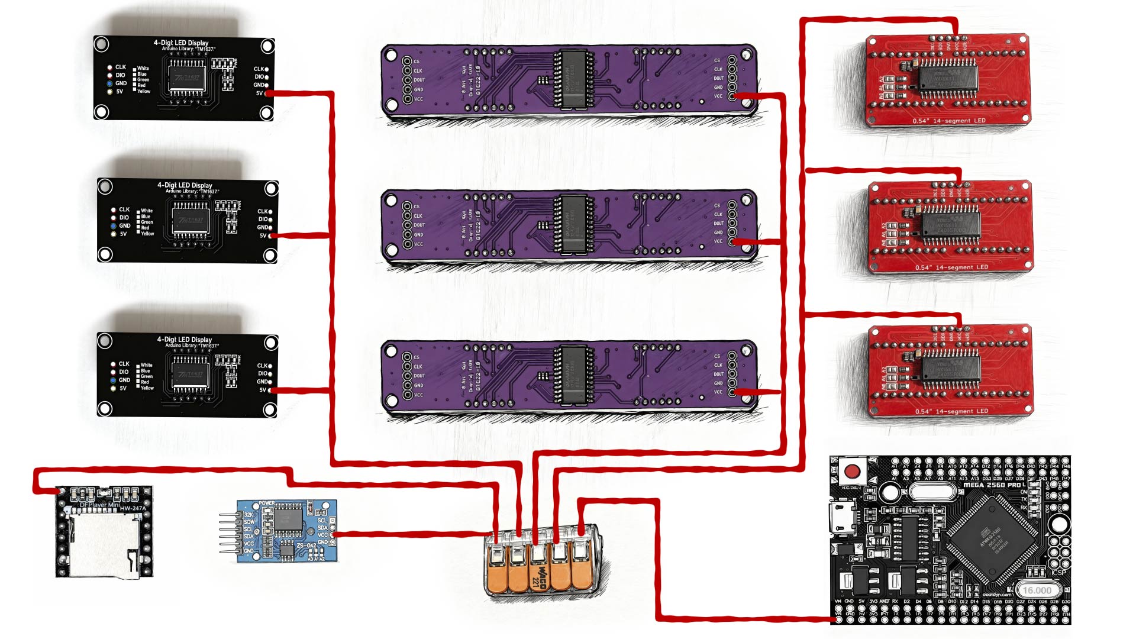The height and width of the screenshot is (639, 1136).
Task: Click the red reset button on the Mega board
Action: click(x=852, y=472)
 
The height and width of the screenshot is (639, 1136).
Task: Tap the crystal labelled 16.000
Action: click(x=1037, y=590)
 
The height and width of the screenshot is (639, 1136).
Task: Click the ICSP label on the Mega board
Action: click(x=1058, y=572)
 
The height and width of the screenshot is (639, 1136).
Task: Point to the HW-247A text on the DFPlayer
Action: click(x=133, y=508)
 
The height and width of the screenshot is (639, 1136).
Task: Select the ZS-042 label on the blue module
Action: click(x=306, y=546)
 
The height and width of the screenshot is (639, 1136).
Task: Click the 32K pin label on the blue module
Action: click(x=249, y=515)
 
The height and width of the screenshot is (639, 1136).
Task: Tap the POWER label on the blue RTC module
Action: click(x=267, y=504)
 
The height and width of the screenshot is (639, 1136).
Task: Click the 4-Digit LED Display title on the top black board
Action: click(x=181, y=43)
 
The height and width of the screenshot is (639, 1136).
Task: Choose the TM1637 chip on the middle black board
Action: click(x=191, y=220)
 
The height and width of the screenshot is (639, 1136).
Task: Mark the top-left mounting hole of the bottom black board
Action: click(x=105, y=341)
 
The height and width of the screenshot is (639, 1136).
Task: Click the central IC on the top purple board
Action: click(x=573, y=79)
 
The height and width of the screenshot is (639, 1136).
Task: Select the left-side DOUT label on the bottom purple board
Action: click(x=419, y=376)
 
